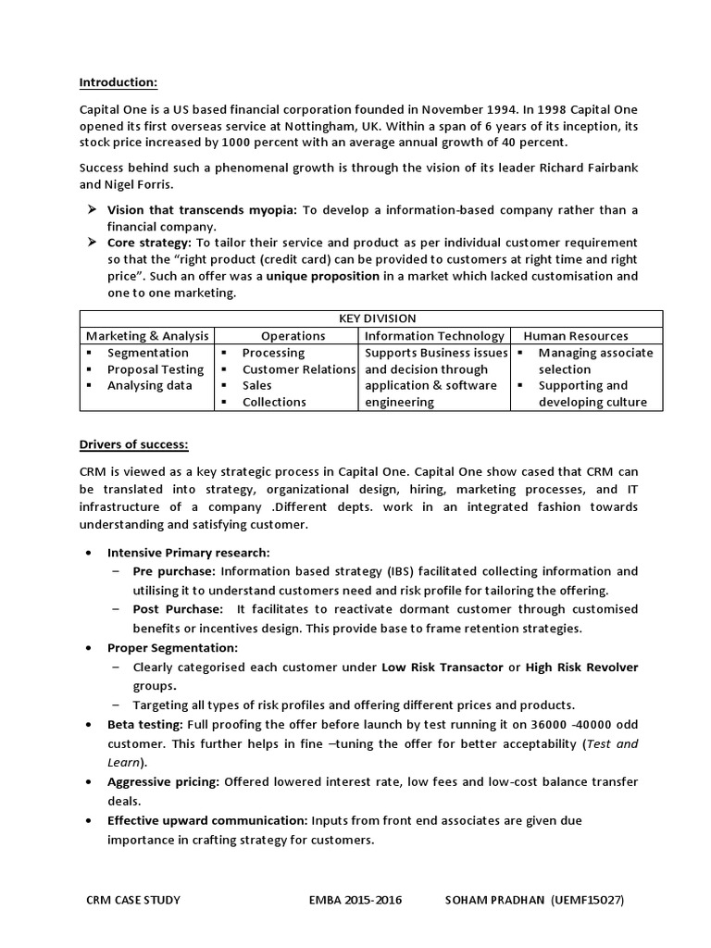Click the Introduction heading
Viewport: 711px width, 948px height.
118,82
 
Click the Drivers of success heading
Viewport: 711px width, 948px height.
133,444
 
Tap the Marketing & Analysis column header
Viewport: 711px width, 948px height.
147,336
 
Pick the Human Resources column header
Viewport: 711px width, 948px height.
575,336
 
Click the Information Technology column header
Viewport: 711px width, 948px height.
434,336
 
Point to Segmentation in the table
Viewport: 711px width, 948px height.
147,353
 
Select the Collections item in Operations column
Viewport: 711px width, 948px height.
274,402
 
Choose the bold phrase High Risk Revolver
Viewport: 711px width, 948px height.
581,667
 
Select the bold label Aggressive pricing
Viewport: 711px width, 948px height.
164,782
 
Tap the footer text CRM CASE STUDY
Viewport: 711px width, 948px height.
133,900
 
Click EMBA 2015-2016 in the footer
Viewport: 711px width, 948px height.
356,900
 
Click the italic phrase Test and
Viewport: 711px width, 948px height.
612,743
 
